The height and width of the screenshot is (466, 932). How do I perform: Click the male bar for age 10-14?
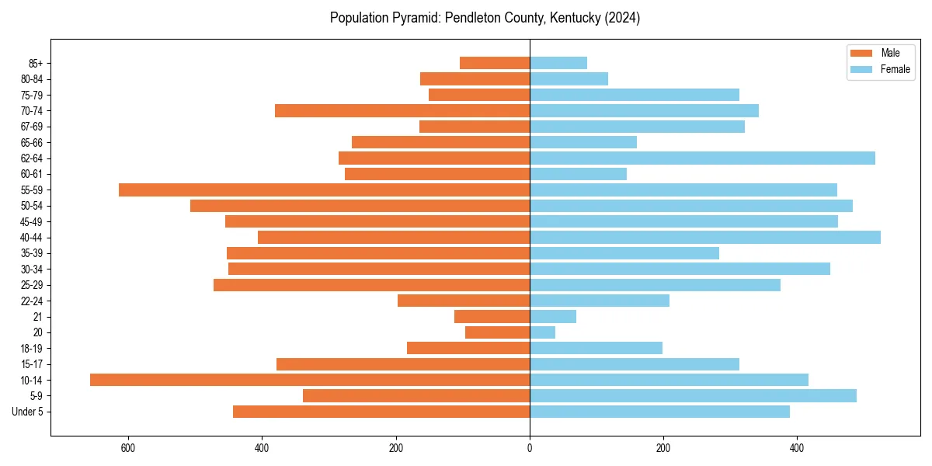[310, 380]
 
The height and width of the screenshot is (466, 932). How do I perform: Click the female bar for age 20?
[542, 332]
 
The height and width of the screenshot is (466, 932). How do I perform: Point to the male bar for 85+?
[495, 63]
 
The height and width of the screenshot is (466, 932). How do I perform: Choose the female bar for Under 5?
[659, 412]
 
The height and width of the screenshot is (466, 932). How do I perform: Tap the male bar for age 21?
[492, 316]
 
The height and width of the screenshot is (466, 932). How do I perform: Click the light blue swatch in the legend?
[861, 69]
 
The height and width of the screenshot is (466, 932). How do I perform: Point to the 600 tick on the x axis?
[128, 448]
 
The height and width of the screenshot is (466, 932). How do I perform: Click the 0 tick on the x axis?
[530, 448]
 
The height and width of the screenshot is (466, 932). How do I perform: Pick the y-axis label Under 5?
[27, 412]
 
